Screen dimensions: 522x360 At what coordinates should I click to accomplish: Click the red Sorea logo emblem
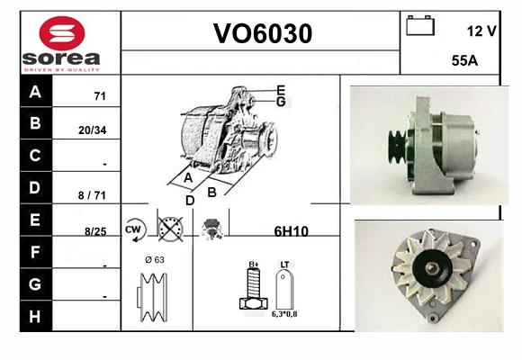coord(62,33)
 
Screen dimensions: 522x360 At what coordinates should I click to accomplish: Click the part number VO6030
coord(263,33)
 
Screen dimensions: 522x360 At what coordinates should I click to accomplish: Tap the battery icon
coord(420,25)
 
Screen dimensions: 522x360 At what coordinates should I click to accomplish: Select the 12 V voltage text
coord(481,31)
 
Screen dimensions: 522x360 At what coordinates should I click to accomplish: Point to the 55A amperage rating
coord(464,60)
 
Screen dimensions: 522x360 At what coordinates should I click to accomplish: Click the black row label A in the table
coord(35,91)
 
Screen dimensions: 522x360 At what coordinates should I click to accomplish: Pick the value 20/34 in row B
coord(92,130)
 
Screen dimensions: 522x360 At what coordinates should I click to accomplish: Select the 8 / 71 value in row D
coord(92,195)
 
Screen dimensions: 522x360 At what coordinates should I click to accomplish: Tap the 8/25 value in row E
coord(95,231)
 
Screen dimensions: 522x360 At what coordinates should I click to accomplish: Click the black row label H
coord(35,317)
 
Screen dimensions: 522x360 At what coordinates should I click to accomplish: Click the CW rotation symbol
coord(135,229)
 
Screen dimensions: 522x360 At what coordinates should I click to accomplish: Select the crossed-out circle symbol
coord(170,229)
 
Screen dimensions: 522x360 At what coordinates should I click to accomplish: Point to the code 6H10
coord(291,231)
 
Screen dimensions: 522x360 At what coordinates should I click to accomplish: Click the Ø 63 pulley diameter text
coord(155,260)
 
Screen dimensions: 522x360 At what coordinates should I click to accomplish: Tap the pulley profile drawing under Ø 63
coord(152,297)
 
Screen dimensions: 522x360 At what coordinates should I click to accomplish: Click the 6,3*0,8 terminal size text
coord(284,314)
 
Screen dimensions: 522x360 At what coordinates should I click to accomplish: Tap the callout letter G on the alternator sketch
coord(281,102)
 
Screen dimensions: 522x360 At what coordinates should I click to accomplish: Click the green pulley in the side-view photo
coord(397,147)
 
